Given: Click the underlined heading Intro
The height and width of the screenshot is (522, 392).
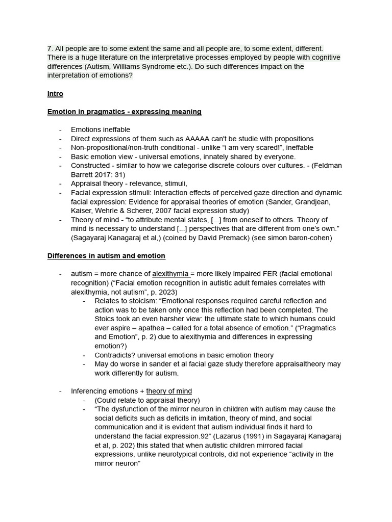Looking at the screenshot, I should click(55, 94).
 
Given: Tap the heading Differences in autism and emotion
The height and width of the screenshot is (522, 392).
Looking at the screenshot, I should click(106, 255).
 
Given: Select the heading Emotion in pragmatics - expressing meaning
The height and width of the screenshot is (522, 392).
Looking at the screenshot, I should click(124, 112).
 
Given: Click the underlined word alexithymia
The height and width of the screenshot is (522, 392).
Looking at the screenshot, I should click(170, 274).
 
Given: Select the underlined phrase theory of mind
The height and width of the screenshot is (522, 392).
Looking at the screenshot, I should click(169, 391).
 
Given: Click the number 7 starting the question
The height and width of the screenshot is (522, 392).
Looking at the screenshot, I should click(50, 48).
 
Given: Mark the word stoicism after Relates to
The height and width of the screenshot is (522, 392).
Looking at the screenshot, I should click(139, 301).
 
